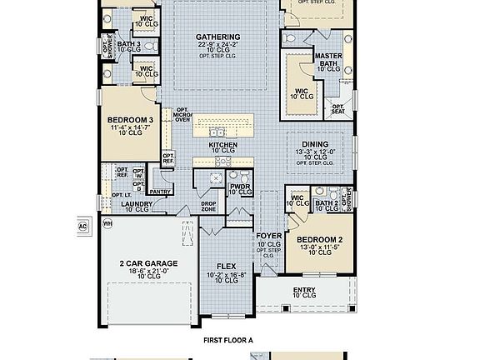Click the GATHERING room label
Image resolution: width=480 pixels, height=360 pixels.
(218, 37)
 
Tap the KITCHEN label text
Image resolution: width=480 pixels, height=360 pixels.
(223, 145)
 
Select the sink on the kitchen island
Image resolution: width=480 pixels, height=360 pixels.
(217, 131)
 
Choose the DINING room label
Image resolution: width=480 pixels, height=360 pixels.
(316, 144)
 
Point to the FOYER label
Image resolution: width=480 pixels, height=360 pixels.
(268, 236)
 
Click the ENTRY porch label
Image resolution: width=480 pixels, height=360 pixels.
(304, 288)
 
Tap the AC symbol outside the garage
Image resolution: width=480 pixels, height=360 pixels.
(82, 225)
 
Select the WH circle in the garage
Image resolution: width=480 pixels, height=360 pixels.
(107, 223)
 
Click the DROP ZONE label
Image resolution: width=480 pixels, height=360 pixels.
(208, 206)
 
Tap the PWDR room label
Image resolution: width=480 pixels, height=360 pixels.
(240, 187)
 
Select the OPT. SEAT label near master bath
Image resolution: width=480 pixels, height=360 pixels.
(338, 109)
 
